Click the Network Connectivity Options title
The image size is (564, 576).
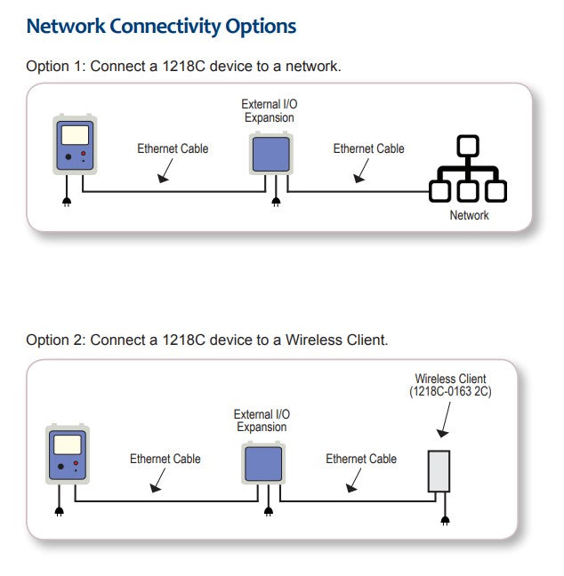[x=161, y=26]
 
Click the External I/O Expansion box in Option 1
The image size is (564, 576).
[x=270, y=151]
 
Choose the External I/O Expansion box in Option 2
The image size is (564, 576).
[x=263, y=462]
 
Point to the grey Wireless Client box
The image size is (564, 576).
[x=439, y=471]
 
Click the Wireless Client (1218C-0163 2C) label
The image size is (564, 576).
[x=450, y=385]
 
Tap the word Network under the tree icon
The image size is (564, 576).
[x=469, y=215]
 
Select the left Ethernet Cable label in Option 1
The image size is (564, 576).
[x=173, y=148]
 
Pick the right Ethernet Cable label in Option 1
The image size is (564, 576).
[x=368, y=148]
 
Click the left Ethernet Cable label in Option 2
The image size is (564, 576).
[x=165, y=459]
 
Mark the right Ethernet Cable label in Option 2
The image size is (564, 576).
[x=361, y=459]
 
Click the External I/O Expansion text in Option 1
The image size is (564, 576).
[x=270, y=111]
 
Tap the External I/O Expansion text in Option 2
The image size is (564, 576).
[x=262, y=420]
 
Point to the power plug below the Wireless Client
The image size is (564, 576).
[x=445, y=519]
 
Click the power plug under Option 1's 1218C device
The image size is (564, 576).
[x=66, y=202]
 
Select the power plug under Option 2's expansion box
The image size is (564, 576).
[x=269, y=512]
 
